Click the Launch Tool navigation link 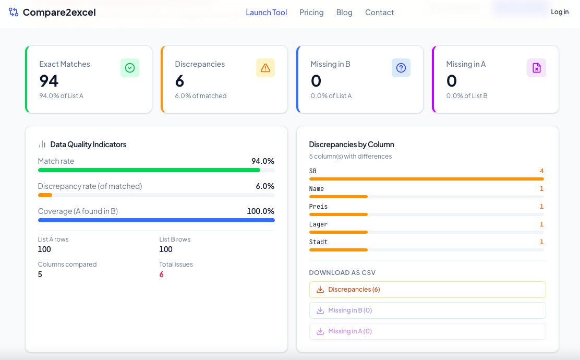[x=267, y=12]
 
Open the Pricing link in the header [x=311, y=13]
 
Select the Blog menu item [x=344, y=13]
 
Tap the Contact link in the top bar [x=380, y=12]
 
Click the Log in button [x=560, y=12]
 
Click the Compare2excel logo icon [x=14, y=12]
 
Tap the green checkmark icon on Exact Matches [x=130, y=68]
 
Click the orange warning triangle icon [x=265, y=68]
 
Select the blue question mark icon [x=401, y=68]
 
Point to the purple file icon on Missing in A [x=537, y=68]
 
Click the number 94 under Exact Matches [x=49, y=81]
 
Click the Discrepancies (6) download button [x=428, y=290]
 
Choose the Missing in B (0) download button [x=428, y=310]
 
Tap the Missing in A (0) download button [x=428, y=331]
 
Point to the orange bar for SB [x=427, y=179]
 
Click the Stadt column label [x=318, y=242]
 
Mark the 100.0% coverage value [x=260, y=211]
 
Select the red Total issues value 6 [x=161, y=274]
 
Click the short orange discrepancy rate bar [x=45, y=195]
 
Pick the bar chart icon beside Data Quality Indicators [x=42, y=144]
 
